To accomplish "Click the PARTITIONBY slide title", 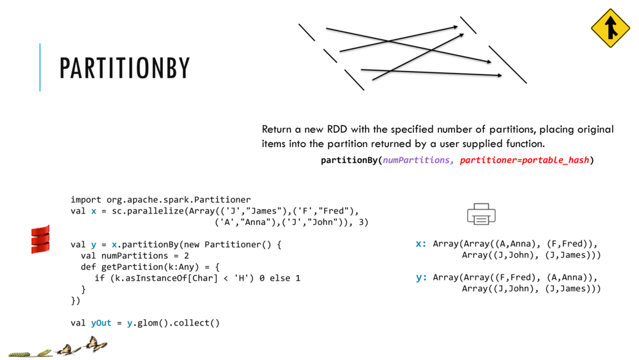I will (x=125, y=68).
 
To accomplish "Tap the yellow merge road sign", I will (x=610, y=29).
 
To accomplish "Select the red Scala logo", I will (x=40, y=239).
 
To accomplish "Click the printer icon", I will (x=481, y=214).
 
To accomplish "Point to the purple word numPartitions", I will (x=418, y=160).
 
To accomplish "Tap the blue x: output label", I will (x=421, y=244).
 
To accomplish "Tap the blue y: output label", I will (x=421, y=278).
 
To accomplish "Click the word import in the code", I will (x=86, y=200).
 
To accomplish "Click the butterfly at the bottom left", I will (x=95, y=345).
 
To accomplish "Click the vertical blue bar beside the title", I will (x=40, y=67).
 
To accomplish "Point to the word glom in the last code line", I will (x=148, y=323).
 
